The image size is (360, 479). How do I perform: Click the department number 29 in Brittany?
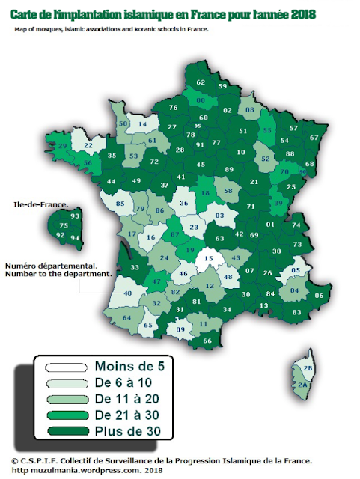[x=63, y=145]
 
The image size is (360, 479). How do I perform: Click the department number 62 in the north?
[x=201, y=82]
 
